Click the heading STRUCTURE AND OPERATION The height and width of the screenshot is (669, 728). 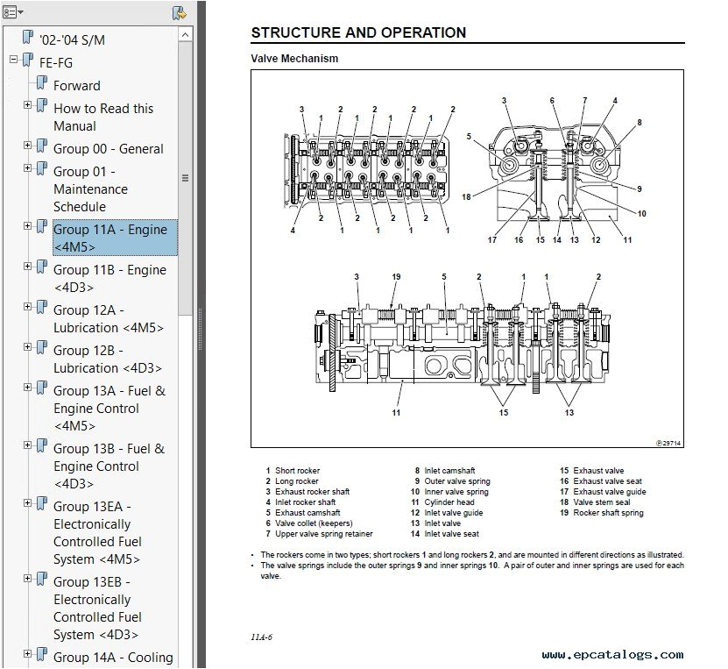click(x=358, y=33)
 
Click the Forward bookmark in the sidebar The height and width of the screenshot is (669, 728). click(x=77, y=86)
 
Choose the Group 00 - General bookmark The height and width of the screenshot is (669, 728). click(x=109, y=149)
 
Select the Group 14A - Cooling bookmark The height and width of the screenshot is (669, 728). click(x=113, y=658)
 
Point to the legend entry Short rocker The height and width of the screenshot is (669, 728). click(x=297, y=471)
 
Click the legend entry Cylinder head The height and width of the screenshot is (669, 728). click(x=449, y=502)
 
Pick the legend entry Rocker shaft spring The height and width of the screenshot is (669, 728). click(x=608, y=513)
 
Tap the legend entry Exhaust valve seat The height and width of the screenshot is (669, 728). click(x=607, y=481)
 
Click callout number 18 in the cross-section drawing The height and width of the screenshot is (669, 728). click(x=466, y=197)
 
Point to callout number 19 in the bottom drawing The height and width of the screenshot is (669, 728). click(x=396, y=277)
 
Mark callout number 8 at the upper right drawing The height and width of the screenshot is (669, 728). click(x=640, y=124)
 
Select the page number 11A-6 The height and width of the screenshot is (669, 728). click(x=259, y=637)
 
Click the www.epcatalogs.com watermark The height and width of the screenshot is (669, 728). click(x=612, y=655)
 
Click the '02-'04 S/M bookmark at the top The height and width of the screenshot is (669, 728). click(x=73, y=39)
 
